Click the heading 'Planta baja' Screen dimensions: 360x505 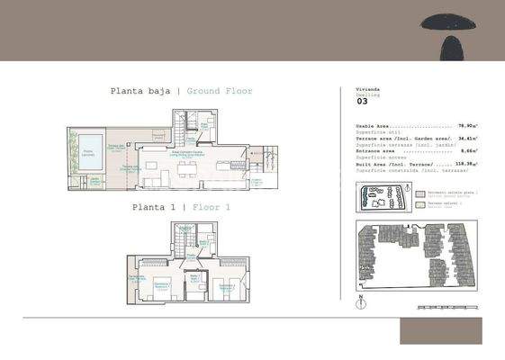pos(140,91)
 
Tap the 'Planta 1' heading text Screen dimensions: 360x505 pos(153,207)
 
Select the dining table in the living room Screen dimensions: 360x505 pos(186,168)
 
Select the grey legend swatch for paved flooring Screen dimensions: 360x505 pos(419,193)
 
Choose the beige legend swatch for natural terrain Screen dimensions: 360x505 pos(419,204)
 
